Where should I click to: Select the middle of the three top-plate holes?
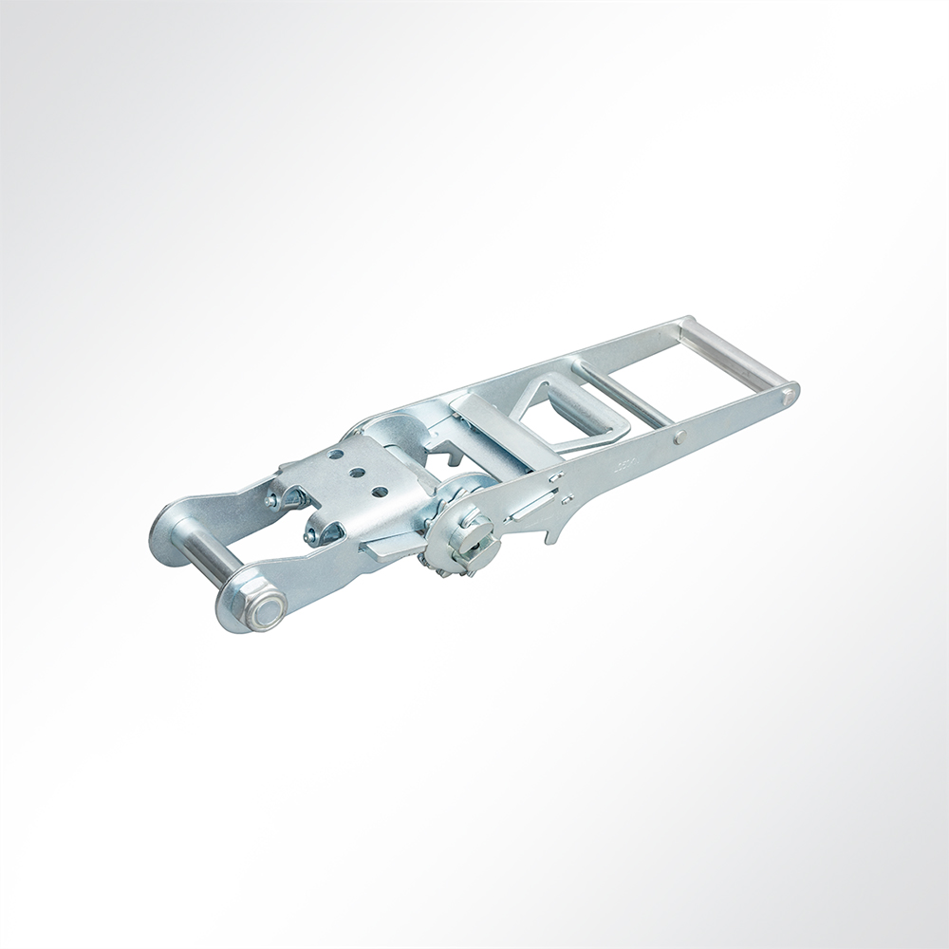[x=356, y=473]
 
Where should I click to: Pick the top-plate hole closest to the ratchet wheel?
[x=379, y=492]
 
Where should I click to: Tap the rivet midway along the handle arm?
[x=679, y=437]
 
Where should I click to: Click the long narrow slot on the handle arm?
[x=537, y=503]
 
